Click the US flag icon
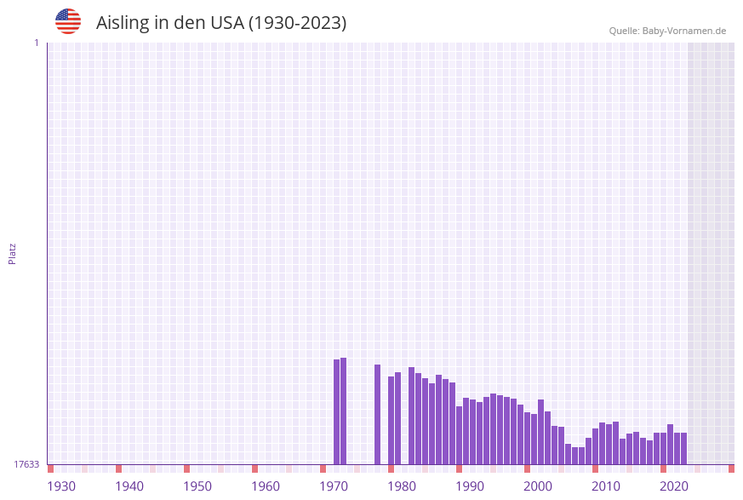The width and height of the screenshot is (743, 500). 68,21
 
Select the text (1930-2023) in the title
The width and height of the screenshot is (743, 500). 297,23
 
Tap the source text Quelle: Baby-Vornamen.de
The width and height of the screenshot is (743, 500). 667,31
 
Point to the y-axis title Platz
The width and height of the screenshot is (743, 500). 13,253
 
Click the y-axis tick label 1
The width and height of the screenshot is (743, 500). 36,43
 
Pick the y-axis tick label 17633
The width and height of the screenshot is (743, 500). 26,464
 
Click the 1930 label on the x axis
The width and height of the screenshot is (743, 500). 61,486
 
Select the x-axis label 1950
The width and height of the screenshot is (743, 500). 197,486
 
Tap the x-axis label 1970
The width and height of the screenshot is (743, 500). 334,486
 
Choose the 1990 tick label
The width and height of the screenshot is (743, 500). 470,486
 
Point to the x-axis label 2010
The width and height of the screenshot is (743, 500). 606,486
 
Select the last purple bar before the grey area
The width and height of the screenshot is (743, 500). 683,448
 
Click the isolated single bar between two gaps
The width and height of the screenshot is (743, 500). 378,414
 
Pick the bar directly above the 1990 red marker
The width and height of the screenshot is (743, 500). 460,434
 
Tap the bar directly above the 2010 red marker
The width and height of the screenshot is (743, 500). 596,445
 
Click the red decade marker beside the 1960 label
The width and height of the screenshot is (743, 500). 254,468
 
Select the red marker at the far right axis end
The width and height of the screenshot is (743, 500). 731,468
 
